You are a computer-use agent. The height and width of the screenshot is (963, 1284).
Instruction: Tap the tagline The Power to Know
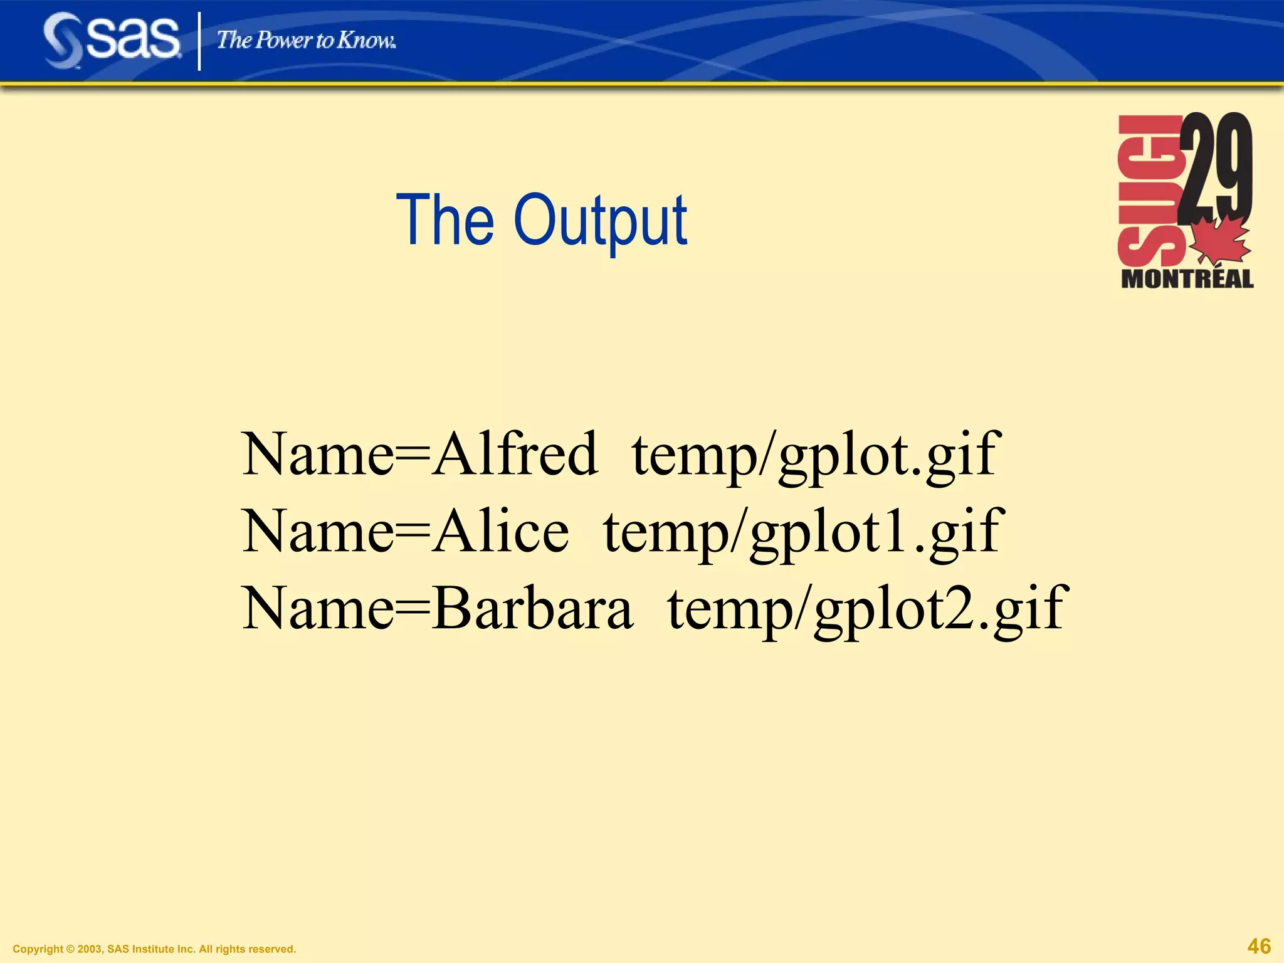(306, 41)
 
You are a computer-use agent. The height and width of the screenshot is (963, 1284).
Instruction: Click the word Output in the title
(600, 221)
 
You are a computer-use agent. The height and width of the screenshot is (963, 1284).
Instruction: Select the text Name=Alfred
(419, 454)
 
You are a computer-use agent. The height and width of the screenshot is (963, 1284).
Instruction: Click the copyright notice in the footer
(154, 949)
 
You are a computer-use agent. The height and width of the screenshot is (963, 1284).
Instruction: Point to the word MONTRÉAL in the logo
(1187, 279)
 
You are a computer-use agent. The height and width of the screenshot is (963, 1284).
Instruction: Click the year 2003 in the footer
(90, 949)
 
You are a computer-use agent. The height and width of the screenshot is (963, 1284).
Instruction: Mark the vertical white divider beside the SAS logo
(199, 41)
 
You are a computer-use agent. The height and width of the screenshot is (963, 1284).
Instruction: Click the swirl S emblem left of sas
(63, 41)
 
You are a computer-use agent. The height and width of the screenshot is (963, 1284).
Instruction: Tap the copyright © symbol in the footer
(70, 949)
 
